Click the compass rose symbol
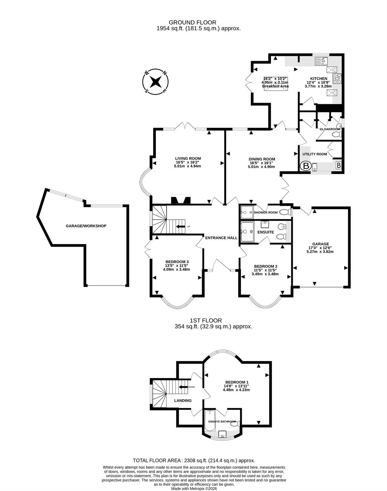click(155, 82)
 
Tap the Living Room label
click(188, 158)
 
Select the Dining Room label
click(262, 159)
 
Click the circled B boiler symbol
click(306, 166)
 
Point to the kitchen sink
click(321, 61)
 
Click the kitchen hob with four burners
click(337, 78)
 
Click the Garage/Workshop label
click(86, 226)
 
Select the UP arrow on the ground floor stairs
click(181, 227)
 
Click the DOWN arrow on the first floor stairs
click(183, 387)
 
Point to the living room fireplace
click(181, 200)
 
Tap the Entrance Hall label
click(221, 238)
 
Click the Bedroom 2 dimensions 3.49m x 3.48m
click(265, 274)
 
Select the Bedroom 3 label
click(177, 262)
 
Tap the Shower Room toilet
click(285, 213)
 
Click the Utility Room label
click(315, 154)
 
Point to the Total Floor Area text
click(194, 460)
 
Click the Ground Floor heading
click(193, 22)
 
